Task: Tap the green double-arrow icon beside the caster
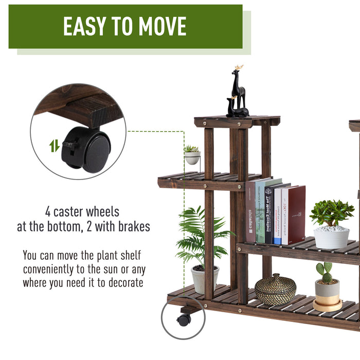pyautogui.click(x=55, y=146)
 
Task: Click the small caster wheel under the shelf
pyautogui.click(x=184, y=320)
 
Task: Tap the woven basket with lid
pyautogui.click(x=275, y=290)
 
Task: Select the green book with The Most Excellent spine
pyautogui.click(x=261, y=212)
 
